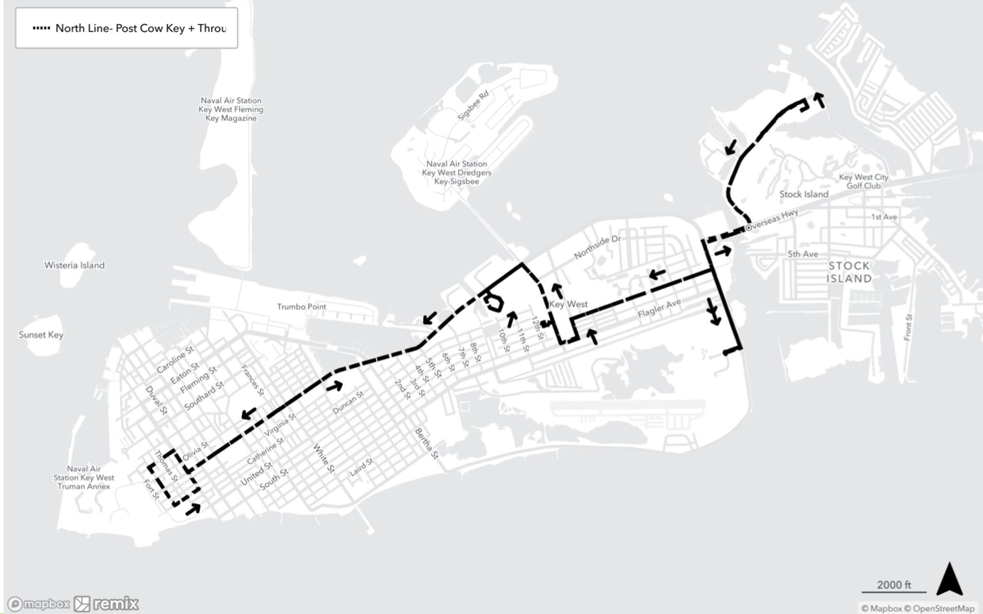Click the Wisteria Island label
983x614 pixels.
point(74,265)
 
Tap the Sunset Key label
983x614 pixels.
point(41,335)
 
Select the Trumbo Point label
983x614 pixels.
point(301,307)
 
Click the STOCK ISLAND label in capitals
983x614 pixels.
point(849,272)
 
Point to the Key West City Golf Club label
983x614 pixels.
point(864,181)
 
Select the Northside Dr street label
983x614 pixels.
point(597,246)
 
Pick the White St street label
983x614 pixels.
point(324,458)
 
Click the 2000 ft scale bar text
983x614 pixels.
point(893,585)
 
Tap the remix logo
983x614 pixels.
point(107,604)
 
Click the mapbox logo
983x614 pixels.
point(39,604)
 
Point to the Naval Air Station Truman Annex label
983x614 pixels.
point(83,478)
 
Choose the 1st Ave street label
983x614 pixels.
point(883,217)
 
